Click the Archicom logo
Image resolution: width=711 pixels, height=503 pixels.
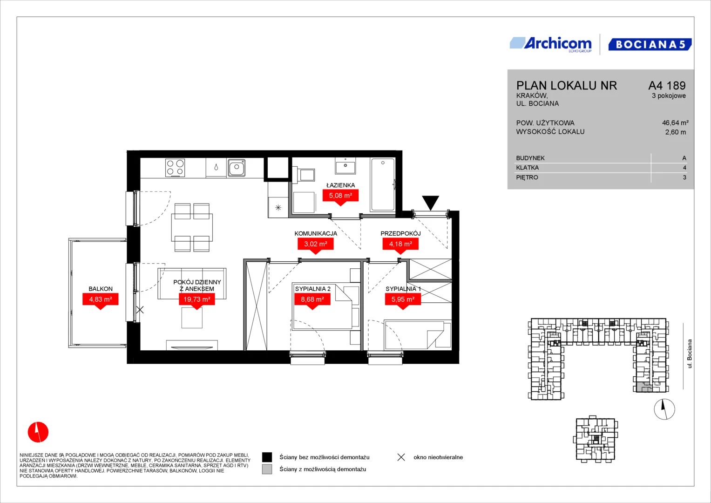(551, 44)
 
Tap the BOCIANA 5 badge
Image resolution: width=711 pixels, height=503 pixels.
(650, 44)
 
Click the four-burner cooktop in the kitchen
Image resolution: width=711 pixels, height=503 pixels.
(175, 168)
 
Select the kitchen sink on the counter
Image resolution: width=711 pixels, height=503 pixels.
(236, 167)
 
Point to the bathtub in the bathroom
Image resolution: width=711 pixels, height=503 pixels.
(382, 184)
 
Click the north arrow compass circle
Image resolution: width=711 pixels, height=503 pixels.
(664, 409)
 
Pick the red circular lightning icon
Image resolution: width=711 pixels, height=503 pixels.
(38, 432)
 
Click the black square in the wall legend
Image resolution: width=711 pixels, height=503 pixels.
(267, 457)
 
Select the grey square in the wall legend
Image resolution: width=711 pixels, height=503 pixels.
(267, 469)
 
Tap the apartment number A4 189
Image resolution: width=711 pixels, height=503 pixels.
(667, 85)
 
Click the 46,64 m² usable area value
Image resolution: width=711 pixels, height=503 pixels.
(675, 122)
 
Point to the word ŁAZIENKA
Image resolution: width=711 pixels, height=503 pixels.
(340, 185)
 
